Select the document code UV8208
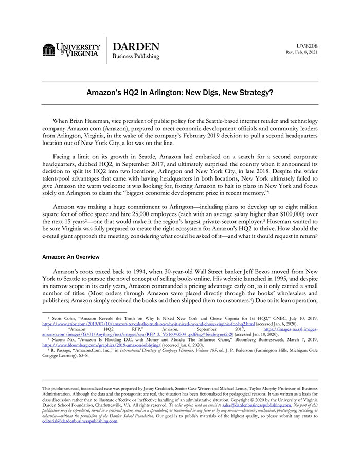pyautogui.click(x=307, y=46)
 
